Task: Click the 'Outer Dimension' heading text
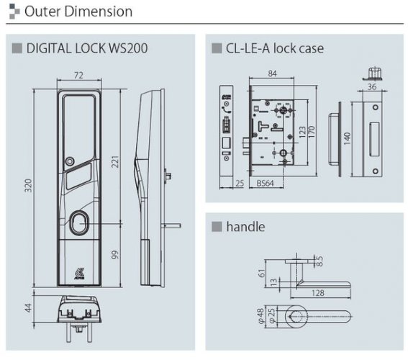tap(78, 12)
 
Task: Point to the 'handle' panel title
tap(246, 227)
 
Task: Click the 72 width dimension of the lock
tap(80, 76)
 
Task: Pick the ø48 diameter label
tap(259, 315)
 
